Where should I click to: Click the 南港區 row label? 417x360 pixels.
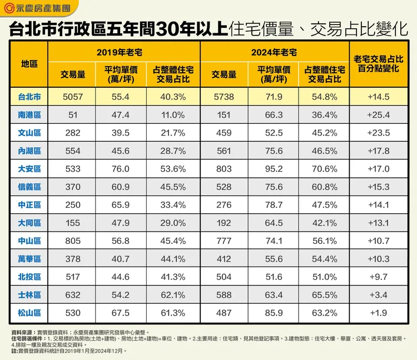(x=29, y=115)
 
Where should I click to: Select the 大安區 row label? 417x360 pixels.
(x=29, y=168)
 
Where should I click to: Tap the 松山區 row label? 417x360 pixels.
(x=29, y=312)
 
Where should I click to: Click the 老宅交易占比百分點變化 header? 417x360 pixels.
(x=379, y=63)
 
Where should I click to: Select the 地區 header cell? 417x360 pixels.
(x=29, y=63)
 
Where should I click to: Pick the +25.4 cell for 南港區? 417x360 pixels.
(x=379, y=115)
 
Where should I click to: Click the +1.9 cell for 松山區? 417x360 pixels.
(x=379, y=312)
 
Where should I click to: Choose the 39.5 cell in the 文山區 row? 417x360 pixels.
(x=121, y=133)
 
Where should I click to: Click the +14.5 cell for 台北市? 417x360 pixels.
(x=379, y=97)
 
